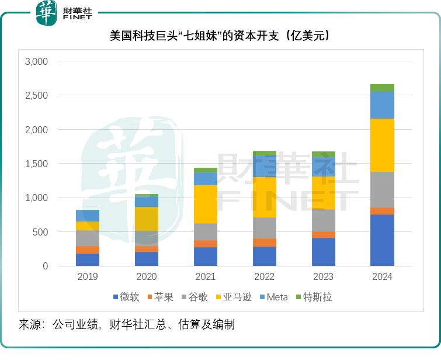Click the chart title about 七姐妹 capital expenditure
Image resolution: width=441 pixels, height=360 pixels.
pyautogui.click(x=220, y=36)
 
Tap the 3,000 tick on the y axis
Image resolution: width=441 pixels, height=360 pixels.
pyautogui.click(x=36, y=61)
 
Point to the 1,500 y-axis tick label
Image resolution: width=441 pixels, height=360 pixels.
pyautogui.click(x=36, y=164)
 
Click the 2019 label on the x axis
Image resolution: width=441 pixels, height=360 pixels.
pyautogui.click(x=88, y=277)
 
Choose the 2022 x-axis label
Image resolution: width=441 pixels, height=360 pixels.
pyautogui.click(x=264, y=277)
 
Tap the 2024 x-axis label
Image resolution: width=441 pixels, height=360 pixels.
pyautogui.click(x=382, y=277)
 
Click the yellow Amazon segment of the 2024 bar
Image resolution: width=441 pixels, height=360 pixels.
pyautogui.click(x=382, y=145)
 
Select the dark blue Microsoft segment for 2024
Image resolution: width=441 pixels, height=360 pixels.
pyautogui.click(x=382, y=240)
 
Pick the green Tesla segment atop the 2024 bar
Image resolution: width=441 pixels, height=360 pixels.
pyautogui.click(x=382, y=88)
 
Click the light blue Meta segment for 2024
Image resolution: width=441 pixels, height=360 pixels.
pyautogui.click(x=382, y=105)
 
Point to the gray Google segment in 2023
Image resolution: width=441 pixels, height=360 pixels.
pyautogui.click(x=323, y=220)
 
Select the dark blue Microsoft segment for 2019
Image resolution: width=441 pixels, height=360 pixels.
pyautogui.click(x=88, y=259)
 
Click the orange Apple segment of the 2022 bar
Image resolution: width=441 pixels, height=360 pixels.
pyautogui.click(x=264, y=243)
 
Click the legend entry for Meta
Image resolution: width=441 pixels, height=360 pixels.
pyautogui.click(x=273, y=297)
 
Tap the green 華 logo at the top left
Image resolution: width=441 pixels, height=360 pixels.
pyautogui.click(x=46, y=13)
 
